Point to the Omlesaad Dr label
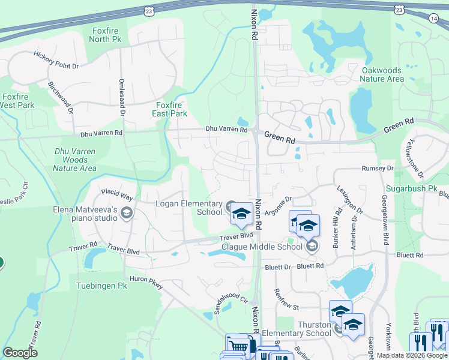[122, 97]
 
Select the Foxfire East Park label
[167, 109]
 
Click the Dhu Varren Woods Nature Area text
[74, 160]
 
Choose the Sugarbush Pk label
[412, 188]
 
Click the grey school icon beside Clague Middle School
[312, 246]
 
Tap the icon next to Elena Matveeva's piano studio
[127, 213]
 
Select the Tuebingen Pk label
[102, 286]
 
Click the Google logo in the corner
[20, 352]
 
